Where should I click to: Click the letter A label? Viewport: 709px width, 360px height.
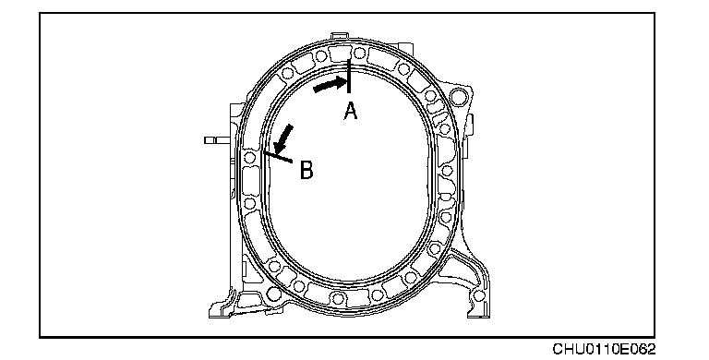coord(351,112)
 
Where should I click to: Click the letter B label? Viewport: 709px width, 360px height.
coord(306,171)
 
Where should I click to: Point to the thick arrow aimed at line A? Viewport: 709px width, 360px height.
coord(330,85)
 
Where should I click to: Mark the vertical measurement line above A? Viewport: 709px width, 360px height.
coord(349,77)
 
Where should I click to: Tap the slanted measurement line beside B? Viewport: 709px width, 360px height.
coord(278,157)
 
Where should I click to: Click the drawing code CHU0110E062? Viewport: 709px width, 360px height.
coord(604,349)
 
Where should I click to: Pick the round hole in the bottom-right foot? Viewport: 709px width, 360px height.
coord(478,296)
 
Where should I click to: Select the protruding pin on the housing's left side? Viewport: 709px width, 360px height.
coord(217,140)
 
